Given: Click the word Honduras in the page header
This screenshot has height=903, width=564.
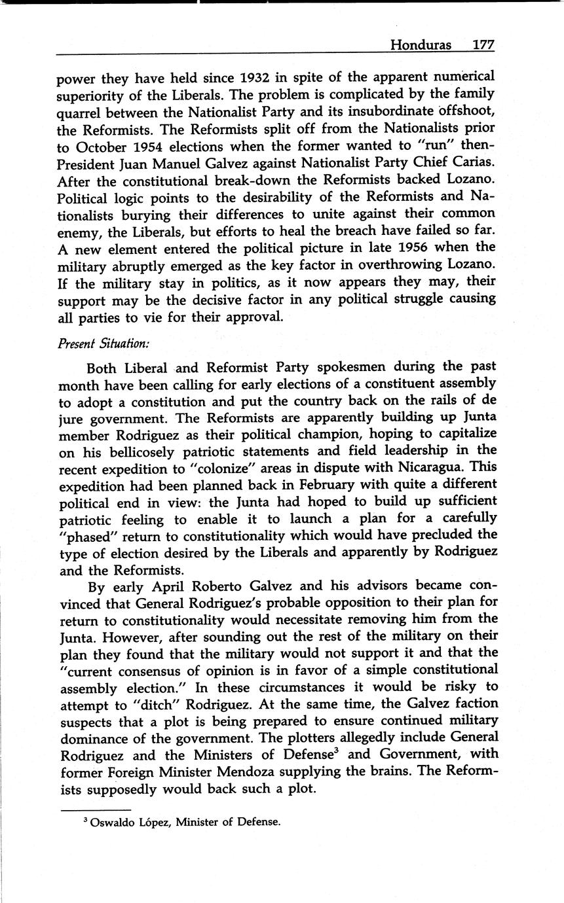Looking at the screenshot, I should click(421, 44).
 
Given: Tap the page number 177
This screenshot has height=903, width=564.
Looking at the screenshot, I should click(483, 44).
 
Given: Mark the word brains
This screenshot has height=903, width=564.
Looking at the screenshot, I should click(371, 771).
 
